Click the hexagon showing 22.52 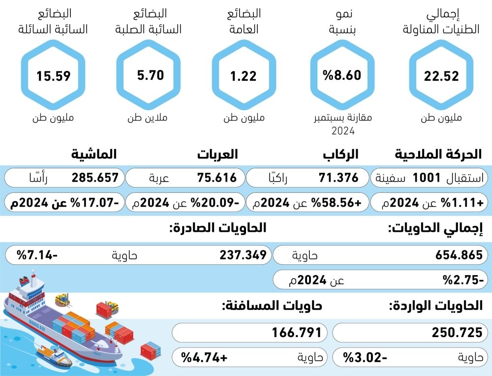click(x=441, y=76)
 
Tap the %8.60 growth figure click(x=341, y=75)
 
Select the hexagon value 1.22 click(x=244, y=76)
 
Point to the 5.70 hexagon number click(x=150, y=76)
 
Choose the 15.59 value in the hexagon click(x=53, y=76)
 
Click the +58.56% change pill click(x=307, y=202)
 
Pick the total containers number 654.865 click(x=459, y=255)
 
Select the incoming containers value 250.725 click(x=457, y=333)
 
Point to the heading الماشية click(x=93, y=155)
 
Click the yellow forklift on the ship click(x=62, y=299)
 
